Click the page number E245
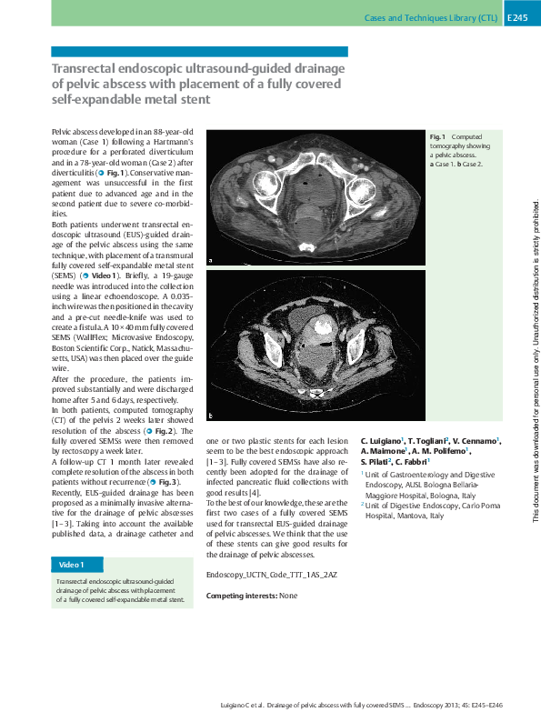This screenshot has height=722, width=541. click(x=518, y=18)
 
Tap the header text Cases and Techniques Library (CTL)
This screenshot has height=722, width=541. click(x=430, y=18)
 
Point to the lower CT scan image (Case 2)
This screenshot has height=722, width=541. click(x=314, y=346)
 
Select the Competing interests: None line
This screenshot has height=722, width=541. click(x=252, y=596)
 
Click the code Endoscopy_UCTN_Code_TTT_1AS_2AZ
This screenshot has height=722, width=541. click(x=272, y=575)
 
